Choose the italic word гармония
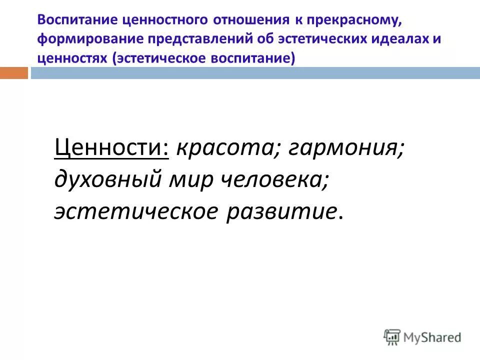pyautogui.click(x=346, y=147)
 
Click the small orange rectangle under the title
pyautogui.click(x=13, y=73)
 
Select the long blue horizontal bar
pyautogui.click(x=255, y=73)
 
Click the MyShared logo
pyautogui.click(x=422, y=336)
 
